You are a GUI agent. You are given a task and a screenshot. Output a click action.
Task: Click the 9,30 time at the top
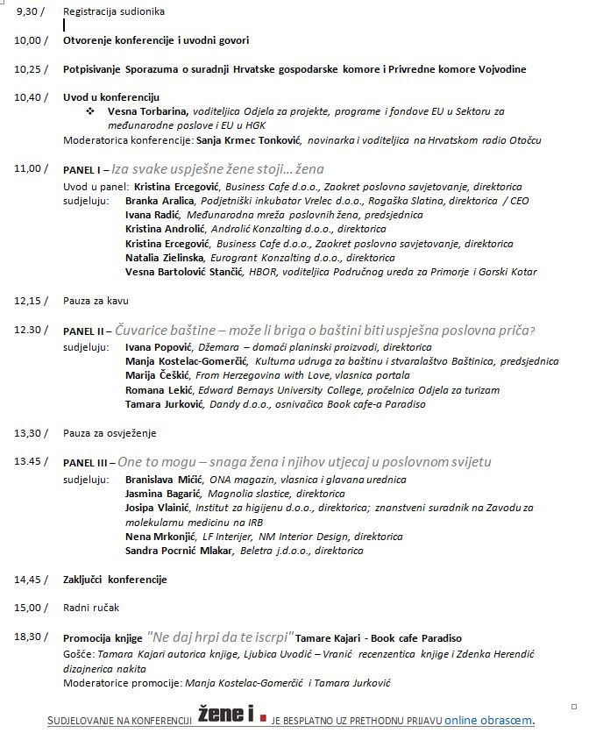pyautogui.click(x=29, y=11)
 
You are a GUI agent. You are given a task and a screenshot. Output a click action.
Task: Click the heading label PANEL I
pyautogui.click(x=84, y=168)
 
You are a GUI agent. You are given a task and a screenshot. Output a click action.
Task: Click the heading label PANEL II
pyautogui.click(x=86, y=331)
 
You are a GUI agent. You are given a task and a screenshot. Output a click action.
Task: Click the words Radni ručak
pyautogui.click(x=91, y=607)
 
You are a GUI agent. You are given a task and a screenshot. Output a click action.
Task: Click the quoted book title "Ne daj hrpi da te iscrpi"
pyautogui.click(x=220, y=637)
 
